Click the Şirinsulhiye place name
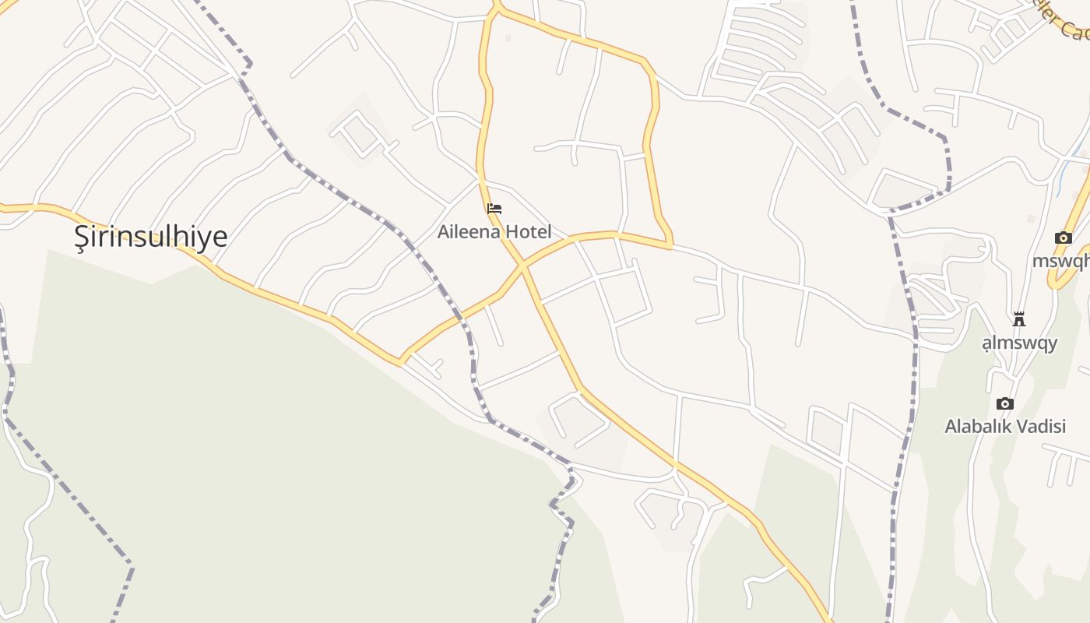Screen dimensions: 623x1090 pyautogui.click(x=151, y=236)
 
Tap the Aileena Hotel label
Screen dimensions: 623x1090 pyautogui.click(x=494, y=231)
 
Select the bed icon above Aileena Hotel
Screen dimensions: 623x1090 pyautogui.click(x=494, y=209)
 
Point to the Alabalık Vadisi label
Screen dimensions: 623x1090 pyautogui.click(x=1004, y=426)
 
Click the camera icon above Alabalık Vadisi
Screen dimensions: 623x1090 pyautogui.click(x=1005, y=403)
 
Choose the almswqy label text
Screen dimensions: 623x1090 pyautogui.click(x=1019, y=343)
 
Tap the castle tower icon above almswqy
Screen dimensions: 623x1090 pyautogui.click(x=1018, y=319)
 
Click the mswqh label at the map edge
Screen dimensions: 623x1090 pyautogui.click(x=1060, y=261)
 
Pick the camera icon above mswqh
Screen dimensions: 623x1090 pyautogui.click(x=1063, y=238)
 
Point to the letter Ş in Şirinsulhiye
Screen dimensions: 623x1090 pyautogui.click(x=82, y=236)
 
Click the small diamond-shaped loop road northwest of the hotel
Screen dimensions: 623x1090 pyautogui.click(x=359, y=133)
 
